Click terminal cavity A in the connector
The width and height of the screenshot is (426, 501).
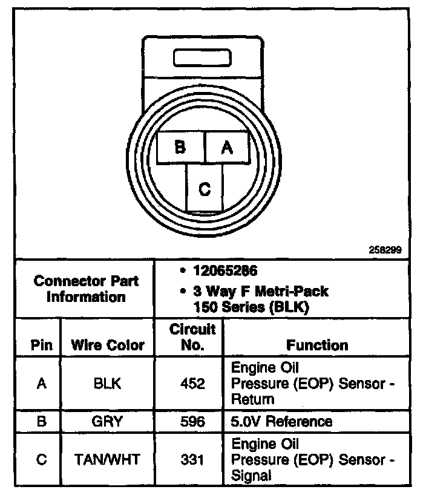[x=227, y=147]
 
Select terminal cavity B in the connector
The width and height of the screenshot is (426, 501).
[x=181, y=147]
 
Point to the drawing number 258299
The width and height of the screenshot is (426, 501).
[x=385, y=249]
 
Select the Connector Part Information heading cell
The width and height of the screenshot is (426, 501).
[x=86, y=289]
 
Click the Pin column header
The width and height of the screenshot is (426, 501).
[x=42, y=345]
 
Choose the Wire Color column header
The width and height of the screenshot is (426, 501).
[x=108, y=345]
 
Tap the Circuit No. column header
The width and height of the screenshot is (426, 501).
[x=192, y=338]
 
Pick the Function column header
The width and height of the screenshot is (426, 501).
[x=317, y=345]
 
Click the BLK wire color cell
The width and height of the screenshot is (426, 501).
[x=108, y=383]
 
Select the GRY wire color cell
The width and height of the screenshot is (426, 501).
[x=108, y=421]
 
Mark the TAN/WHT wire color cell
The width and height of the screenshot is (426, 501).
[x=108, y=459]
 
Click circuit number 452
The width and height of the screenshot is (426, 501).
[x=192, y=383]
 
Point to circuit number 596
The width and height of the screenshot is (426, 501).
[x=192, y=421]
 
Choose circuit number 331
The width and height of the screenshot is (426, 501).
[x=192, y=459]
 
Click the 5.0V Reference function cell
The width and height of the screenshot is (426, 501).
[x=282, y=421]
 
